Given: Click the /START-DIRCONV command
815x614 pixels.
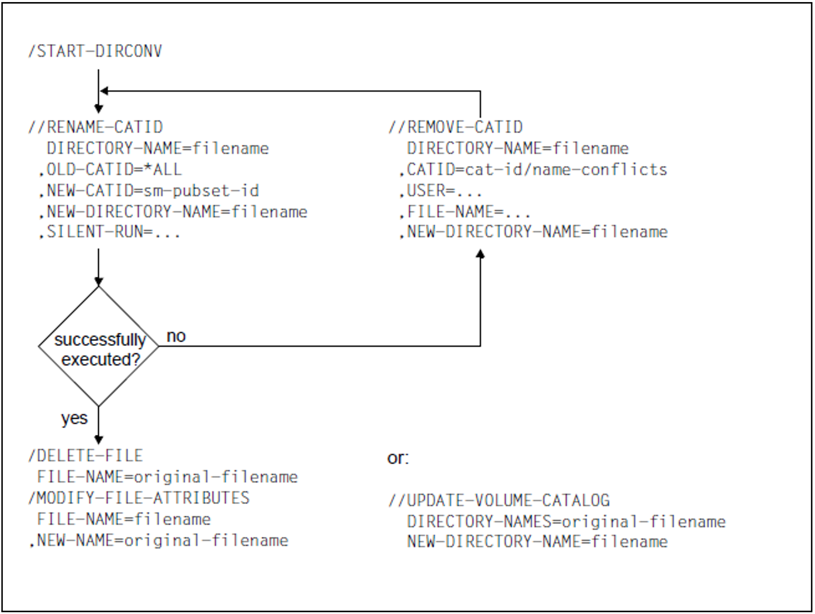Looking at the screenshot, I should click(x=95, y=51).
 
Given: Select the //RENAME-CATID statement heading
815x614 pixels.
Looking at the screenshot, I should click(x=96, y=127).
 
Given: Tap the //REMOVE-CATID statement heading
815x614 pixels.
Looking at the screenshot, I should click(x=456, y=127).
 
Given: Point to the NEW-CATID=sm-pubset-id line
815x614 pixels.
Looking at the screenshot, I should click(x=149, y=191).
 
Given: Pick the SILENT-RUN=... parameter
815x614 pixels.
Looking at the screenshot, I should click(x=110, y=232).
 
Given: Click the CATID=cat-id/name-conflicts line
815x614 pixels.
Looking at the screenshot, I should click(x=534, y=170).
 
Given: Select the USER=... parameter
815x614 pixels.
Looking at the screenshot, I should click(x=441, y=191).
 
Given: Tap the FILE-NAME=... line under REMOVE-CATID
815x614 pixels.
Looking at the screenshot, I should click(x=465, y=212).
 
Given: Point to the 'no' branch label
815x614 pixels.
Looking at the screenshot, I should click(x=176, y=336).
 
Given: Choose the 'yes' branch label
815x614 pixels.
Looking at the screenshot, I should click(x=74, y=418).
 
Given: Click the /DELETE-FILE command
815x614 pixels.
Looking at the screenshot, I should click(x=85, y=456).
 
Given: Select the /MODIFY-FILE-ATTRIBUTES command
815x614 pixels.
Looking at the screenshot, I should click(x=139, y=498).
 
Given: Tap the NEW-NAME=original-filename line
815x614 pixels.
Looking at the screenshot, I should click(x=159, y=541).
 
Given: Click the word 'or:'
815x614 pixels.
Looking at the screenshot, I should click(x=398, y=458).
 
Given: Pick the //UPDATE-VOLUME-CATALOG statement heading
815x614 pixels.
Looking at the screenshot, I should click(x=499, y=500).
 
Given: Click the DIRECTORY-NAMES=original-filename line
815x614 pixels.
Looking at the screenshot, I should click(x=566, y=521).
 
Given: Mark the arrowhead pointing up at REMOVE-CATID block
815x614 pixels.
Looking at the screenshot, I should click(x=480, y=254).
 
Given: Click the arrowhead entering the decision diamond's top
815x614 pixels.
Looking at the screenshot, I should click(x=99, y=282).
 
